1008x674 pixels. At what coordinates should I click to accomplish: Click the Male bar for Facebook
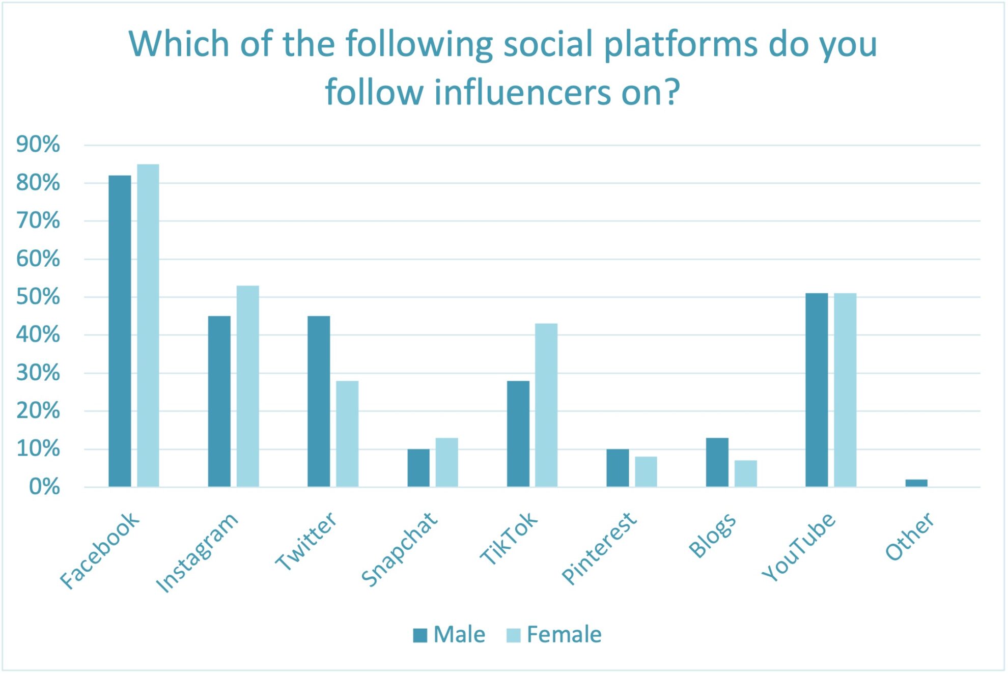(x=120, y=331)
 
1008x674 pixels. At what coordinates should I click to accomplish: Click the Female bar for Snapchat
(x=446, y=462)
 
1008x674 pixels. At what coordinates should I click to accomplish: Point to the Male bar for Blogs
(x=717, y=462)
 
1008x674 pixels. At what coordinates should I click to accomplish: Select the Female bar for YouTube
(x=845, y=390)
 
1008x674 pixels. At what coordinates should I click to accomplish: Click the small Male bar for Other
(x=916, y=483)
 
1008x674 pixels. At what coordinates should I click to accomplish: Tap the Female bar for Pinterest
(x=646, y=471)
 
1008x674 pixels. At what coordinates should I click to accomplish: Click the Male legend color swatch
(x=420, y=635)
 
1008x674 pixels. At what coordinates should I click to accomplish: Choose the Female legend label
(x=564, y=635)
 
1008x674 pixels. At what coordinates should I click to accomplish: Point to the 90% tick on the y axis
(x=38, y=145)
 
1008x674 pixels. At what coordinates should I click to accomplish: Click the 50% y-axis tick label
(x=38, y=297)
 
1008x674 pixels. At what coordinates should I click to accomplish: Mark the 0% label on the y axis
(x=44, y=487)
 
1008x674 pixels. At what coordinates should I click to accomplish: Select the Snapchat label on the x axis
(x=399, y=550)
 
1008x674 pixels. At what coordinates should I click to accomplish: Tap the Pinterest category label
(x=599, y=549)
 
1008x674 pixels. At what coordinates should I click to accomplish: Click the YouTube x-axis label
(x=798, y=547)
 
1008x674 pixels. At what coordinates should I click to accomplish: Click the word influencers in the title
(x=522, y=93)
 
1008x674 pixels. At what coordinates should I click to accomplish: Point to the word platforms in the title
(x=681, y=45)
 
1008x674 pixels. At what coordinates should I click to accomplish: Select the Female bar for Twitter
(x=347, y=434)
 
